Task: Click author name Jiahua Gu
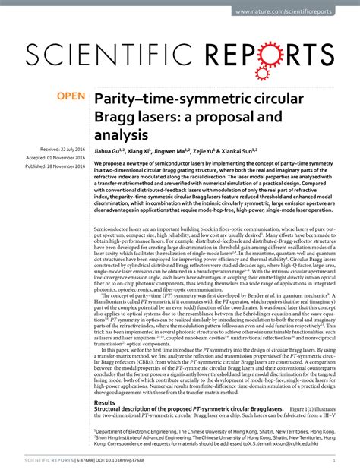click(111, 152)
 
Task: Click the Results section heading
click(104, 403)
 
